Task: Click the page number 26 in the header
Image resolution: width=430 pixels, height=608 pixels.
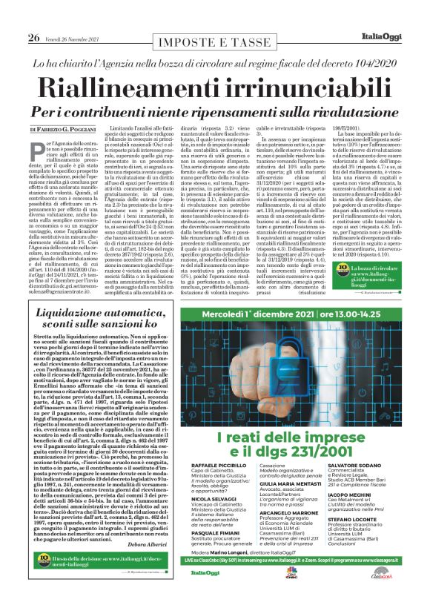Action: click(33, 17)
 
